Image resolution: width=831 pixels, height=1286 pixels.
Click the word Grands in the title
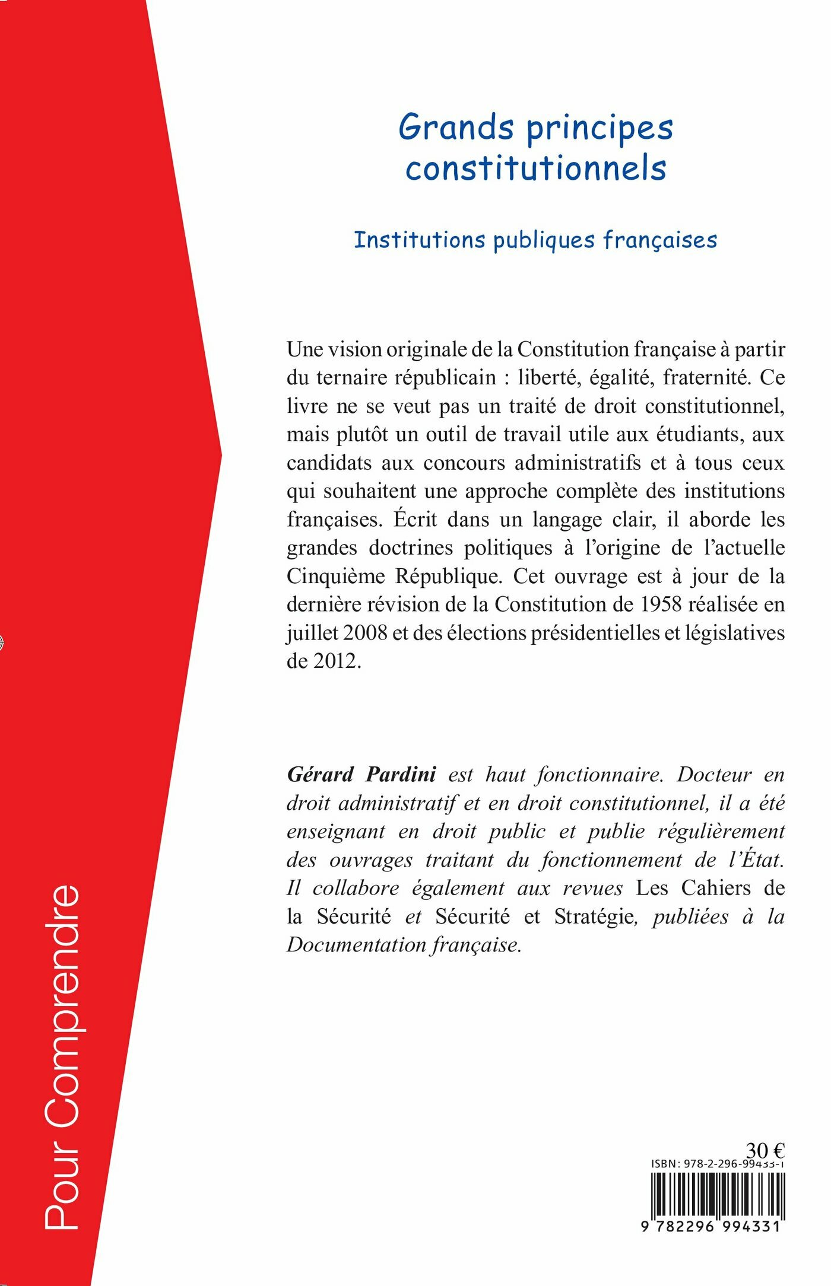point(456,127)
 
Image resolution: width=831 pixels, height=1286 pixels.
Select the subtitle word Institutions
point(420,240)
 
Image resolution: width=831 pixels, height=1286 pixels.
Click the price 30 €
point(765,1150)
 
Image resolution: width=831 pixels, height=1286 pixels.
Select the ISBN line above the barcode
point(718,1164)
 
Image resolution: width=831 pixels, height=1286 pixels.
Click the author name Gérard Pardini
point(361,774)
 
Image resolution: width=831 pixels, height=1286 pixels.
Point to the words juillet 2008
point(337,632)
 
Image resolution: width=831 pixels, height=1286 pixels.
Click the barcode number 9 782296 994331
point(711,1226)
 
